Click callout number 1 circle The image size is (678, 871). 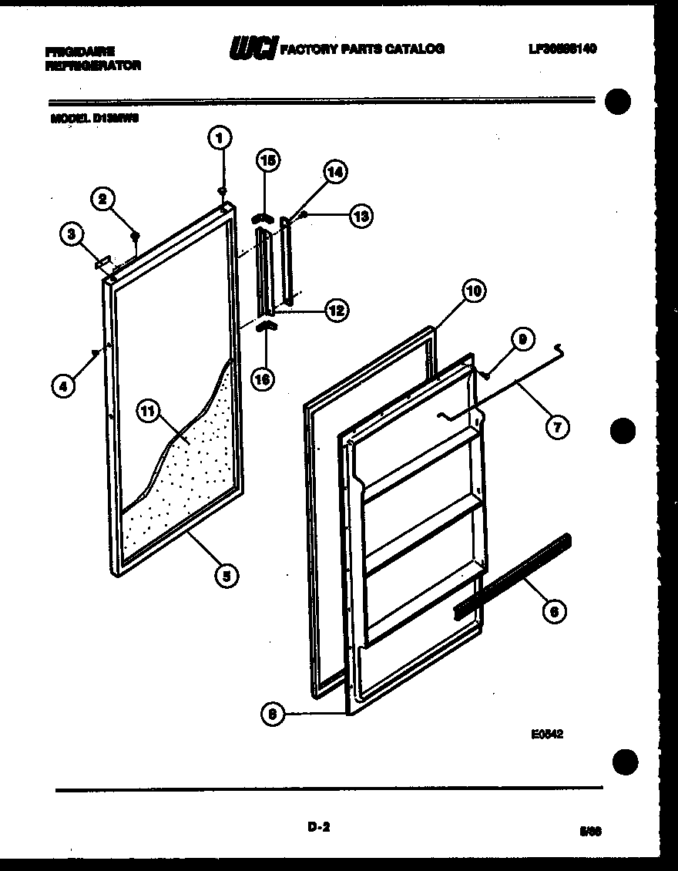pyautogui.click(x=220, y=139)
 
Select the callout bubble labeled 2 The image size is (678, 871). pyautogui.click(x=102, y=199)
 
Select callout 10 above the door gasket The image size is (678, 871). pyautogui.click(x=474, y=291)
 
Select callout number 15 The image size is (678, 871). pyautogui.click(x=268, y=161)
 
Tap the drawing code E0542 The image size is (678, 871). pyautogui.click(x=546, y=735)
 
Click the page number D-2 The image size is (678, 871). pyautogui.click(x=318, y=828)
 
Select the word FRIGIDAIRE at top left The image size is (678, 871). pyautogui.click(x=79, y=52)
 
